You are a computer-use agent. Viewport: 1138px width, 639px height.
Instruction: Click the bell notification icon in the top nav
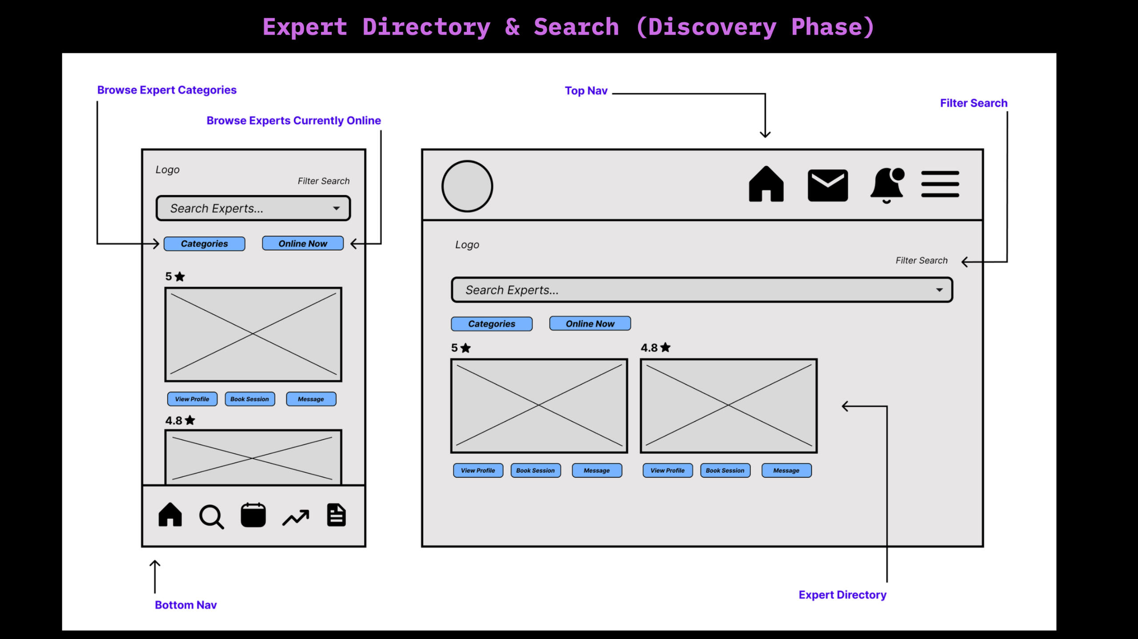coord(887,185)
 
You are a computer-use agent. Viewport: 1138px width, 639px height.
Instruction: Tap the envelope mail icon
coord(827,185)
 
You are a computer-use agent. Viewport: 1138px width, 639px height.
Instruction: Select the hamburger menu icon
coord(940,184)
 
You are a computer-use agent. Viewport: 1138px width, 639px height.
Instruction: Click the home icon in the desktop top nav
coord(766,184)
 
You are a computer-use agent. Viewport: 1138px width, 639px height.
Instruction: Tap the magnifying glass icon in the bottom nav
coord(211,516)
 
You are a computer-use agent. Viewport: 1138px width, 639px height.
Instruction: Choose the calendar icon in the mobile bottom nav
coord(253,515)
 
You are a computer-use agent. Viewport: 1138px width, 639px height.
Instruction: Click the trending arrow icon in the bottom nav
coord(296,517)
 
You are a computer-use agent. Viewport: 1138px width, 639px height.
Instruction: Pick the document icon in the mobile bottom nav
coord(336,515)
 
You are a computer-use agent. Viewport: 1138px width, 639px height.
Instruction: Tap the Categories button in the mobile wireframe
coord(204,244)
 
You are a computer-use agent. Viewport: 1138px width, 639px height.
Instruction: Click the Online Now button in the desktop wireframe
coord(590,323)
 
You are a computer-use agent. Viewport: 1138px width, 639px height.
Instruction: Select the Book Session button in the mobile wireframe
coord(249,399)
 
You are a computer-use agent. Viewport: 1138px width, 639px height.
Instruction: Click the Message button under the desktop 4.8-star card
coord(786,471)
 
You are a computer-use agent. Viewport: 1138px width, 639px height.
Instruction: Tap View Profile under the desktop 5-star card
coord(478,471)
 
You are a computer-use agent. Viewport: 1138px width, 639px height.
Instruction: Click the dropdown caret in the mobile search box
coord(337,208)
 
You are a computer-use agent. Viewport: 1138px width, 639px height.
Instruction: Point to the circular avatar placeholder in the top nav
coord(467,186)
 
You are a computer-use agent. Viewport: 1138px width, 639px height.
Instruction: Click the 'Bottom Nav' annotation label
coord(185,605)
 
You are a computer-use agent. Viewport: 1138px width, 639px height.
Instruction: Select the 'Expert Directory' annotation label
coord(842,595)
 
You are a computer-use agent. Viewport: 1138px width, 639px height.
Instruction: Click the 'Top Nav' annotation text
coord(586,91)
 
